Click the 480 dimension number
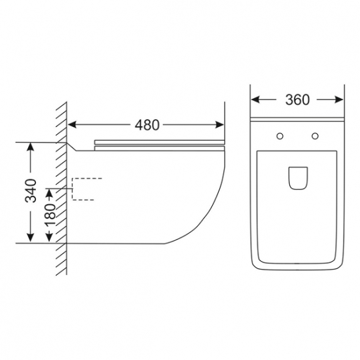147,125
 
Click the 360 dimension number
297,100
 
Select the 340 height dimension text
31,190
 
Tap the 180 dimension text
50,215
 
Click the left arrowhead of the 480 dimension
72,125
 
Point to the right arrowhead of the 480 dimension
219,125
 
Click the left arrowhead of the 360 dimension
255,99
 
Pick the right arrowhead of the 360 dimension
339,99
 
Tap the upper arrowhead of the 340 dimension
31,147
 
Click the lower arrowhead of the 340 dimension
31,238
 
